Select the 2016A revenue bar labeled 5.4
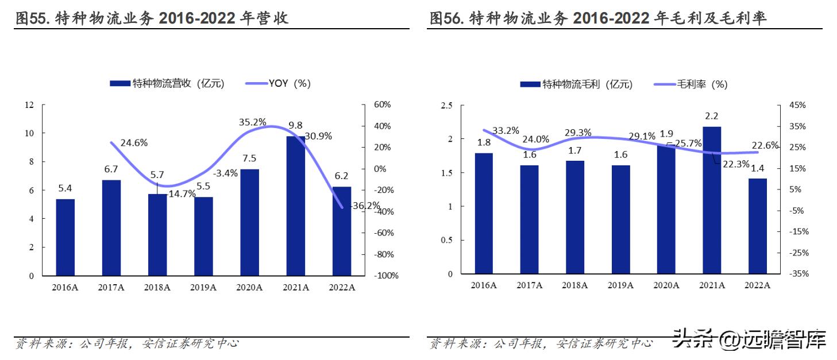(65, 237)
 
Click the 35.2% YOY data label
(252, 122)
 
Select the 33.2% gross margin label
(505, 130)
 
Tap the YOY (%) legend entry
(279, 83)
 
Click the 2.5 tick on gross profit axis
(446, 105)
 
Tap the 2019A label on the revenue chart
(203, 287)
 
